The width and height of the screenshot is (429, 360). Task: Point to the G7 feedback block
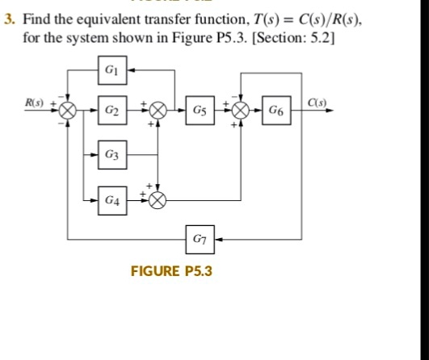coord(199,239)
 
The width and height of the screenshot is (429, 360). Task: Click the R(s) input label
coord(34,103)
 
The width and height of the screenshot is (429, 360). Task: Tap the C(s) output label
coord(319,102)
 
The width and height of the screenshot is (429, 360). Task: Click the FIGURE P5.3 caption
coord(170,270)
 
